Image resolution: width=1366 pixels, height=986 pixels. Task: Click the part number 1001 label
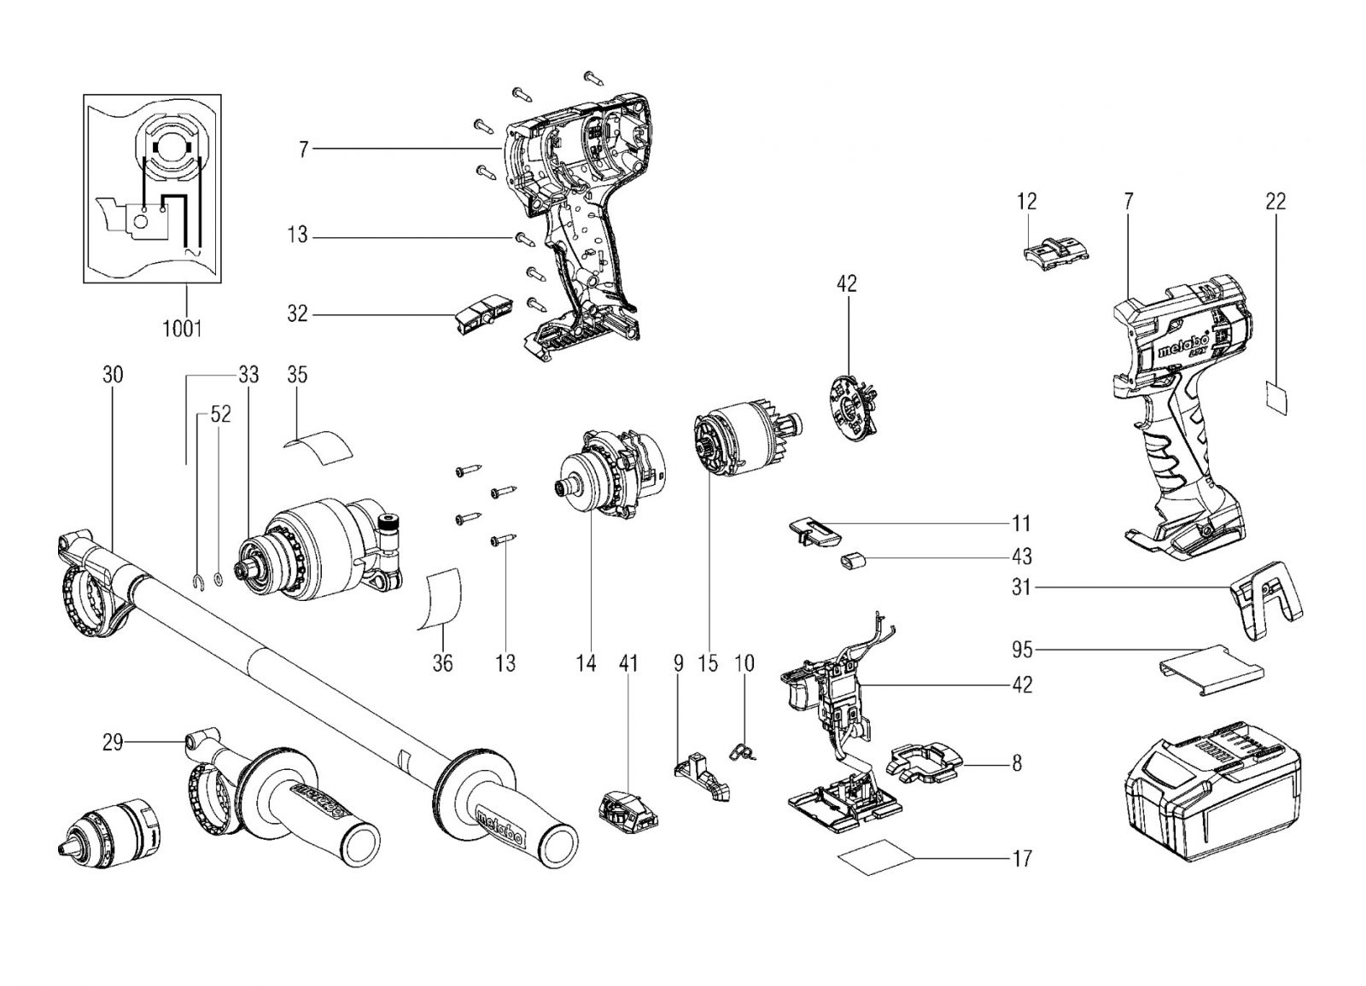pyautogui.click(x=182, y=329)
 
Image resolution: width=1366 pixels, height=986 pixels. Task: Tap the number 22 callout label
pyautogui.click(x=1276, y=201)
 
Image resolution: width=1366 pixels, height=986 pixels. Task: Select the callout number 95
pyautogui.click(x=1022, y=650)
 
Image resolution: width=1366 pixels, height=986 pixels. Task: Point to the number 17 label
pyautogui.click(x=1022, y=859)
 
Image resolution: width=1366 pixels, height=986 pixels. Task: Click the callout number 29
pyautogui.click(x=112, y=743)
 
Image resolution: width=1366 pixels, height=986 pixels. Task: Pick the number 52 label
pyautogui.click(x=221, y=415)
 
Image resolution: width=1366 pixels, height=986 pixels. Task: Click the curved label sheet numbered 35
pyautogui.click(x=319, y=447)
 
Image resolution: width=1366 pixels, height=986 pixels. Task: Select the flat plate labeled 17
pyautogui.click(x=876, y=857)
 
